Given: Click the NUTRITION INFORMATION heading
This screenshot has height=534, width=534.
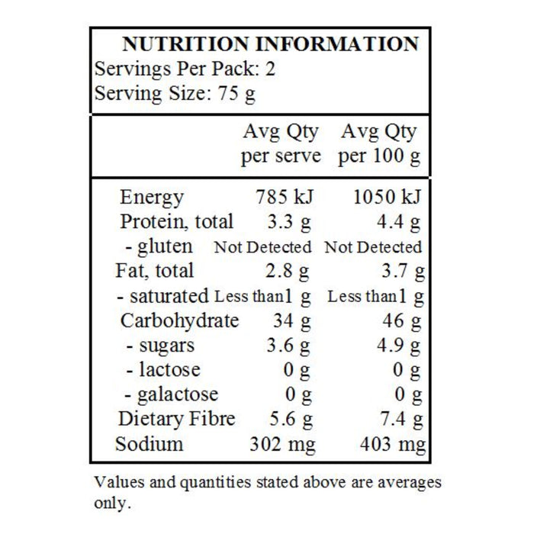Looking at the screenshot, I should [x=270, y=43].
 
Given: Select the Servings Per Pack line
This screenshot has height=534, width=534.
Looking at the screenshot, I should [x=185, y=69].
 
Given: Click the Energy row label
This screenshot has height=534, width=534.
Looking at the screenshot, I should [x=152, y=198].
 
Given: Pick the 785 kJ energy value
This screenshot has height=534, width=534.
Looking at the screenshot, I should [x=284, y=198].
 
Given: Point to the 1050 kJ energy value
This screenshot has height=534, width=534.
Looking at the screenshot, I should [x=386, y=198].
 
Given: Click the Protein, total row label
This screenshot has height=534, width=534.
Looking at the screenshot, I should [x=177, y=222].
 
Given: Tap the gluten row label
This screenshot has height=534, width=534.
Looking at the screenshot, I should [x=159, y=246].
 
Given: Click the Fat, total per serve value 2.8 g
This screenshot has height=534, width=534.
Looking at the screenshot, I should [x=291, y=271].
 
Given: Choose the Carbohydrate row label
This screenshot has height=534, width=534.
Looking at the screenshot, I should [x=179, y=320].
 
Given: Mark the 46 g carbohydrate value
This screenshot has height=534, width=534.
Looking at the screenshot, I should [x=402, y=320].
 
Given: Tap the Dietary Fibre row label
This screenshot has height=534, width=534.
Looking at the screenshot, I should [x=177, y=419].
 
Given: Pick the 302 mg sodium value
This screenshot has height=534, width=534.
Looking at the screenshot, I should [x=282, y=444].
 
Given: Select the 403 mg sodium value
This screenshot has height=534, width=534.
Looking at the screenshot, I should [x=391, y=444].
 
